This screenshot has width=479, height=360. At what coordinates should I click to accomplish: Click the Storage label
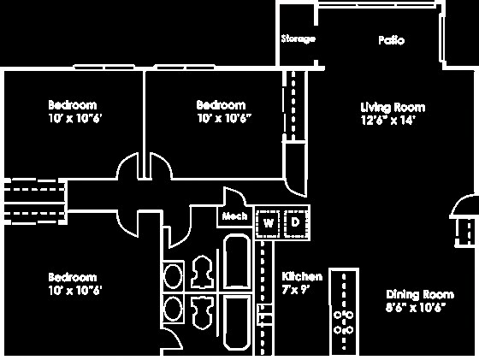point(299,39)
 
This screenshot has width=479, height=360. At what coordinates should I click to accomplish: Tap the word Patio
point(391,40)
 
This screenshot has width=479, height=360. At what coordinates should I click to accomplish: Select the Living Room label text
point(393,108)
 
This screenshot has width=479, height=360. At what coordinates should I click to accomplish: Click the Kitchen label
point(302,276)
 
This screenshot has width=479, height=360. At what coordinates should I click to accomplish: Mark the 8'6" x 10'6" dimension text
point(415,306)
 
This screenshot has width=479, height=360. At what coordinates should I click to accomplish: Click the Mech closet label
point(235,217)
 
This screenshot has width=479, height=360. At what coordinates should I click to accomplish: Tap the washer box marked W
point(269,223)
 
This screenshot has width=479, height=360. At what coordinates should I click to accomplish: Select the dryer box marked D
point(295,223)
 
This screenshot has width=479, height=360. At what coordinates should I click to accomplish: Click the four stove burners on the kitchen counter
point(346,321)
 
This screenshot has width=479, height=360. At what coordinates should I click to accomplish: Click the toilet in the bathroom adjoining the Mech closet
point(203,272)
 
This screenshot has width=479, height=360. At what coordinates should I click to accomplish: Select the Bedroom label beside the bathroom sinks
point(72,277)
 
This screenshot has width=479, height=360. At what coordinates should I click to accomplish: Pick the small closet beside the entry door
point(467,228)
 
